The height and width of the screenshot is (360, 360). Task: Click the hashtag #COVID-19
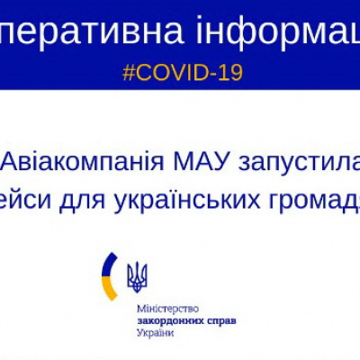click(x=183, y=73)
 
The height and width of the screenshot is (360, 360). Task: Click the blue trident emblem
click(x=137, y=277)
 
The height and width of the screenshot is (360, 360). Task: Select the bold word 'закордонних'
click(x=166, y=320)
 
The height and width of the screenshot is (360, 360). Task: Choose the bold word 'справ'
click(x=221, y=320)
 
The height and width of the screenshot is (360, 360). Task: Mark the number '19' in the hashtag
click(x=231, y=73)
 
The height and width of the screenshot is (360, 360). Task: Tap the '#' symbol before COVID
click(x=129, y=73)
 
